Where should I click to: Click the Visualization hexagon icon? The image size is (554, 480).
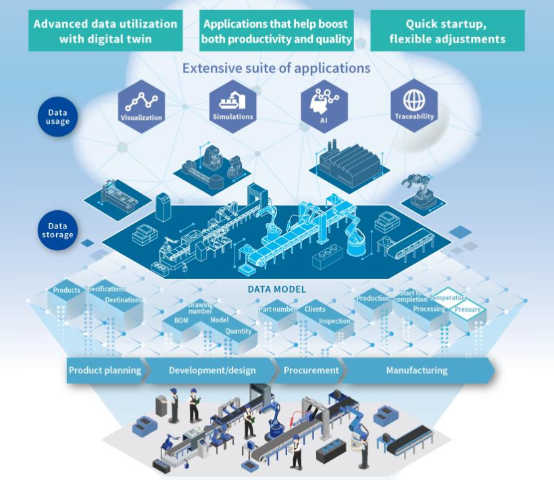pyautogui.click(x=141, y=105)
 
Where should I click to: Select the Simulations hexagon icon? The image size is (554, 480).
pyautogui.click(x=233, y=105)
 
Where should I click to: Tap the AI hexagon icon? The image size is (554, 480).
pyautogui.click(x=324, y=105)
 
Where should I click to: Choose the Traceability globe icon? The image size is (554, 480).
pyautogui.click(x=414, y=105)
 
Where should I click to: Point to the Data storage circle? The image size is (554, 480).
pyautogui.click(x=58, y=231)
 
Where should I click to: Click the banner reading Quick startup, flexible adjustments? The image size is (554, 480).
pyautogui.click(x=447, y=31)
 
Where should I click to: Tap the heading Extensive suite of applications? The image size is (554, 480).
pyautogui.click(x=276, y=68)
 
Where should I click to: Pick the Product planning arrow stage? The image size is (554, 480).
pyautogui.click(x=105, y=370)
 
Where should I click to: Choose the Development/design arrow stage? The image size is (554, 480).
pyautogui.click(x=212, y=370)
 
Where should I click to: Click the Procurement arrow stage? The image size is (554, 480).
pyautogui.click(x=311, y=370)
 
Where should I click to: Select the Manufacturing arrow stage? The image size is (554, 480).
pyautogui.click(x=416, y=370)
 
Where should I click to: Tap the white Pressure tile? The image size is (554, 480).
pyautogui.click(x=468, y=310)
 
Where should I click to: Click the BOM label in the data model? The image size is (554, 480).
pyautogui.click(x=181, y=320)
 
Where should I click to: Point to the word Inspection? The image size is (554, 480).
pyautogui.click(x=334, y=321)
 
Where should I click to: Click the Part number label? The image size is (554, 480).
pyautogui.click(x=278, y=310)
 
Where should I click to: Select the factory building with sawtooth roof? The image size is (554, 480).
pyautogui.click(x=350, y=163)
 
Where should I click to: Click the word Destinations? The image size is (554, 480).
pyautogui.click(x=124, y=299)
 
